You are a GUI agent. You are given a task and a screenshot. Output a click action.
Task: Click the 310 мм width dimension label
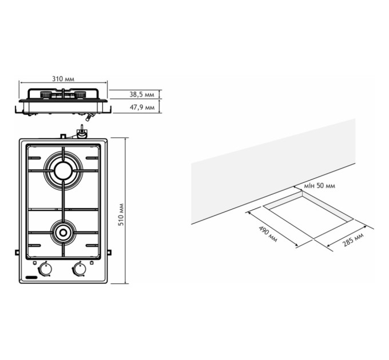(63, 79)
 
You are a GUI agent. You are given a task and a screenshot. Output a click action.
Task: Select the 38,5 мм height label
(142, 94)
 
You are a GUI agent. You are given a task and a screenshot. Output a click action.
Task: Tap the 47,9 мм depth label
(142, 107)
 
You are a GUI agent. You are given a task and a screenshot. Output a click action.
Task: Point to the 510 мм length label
(121, 214)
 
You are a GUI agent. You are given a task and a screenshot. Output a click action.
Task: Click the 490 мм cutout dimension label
(268, 234)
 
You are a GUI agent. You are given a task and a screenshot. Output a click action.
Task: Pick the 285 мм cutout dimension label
(353, 240)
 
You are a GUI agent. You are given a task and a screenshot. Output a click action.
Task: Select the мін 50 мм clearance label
(320, 186)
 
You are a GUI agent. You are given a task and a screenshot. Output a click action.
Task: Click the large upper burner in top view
(63, 171)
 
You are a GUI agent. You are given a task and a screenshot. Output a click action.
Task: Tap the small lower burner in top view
(63, 233)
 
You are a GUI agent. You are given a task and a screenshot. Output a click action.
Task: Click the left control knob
(46, 269)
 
